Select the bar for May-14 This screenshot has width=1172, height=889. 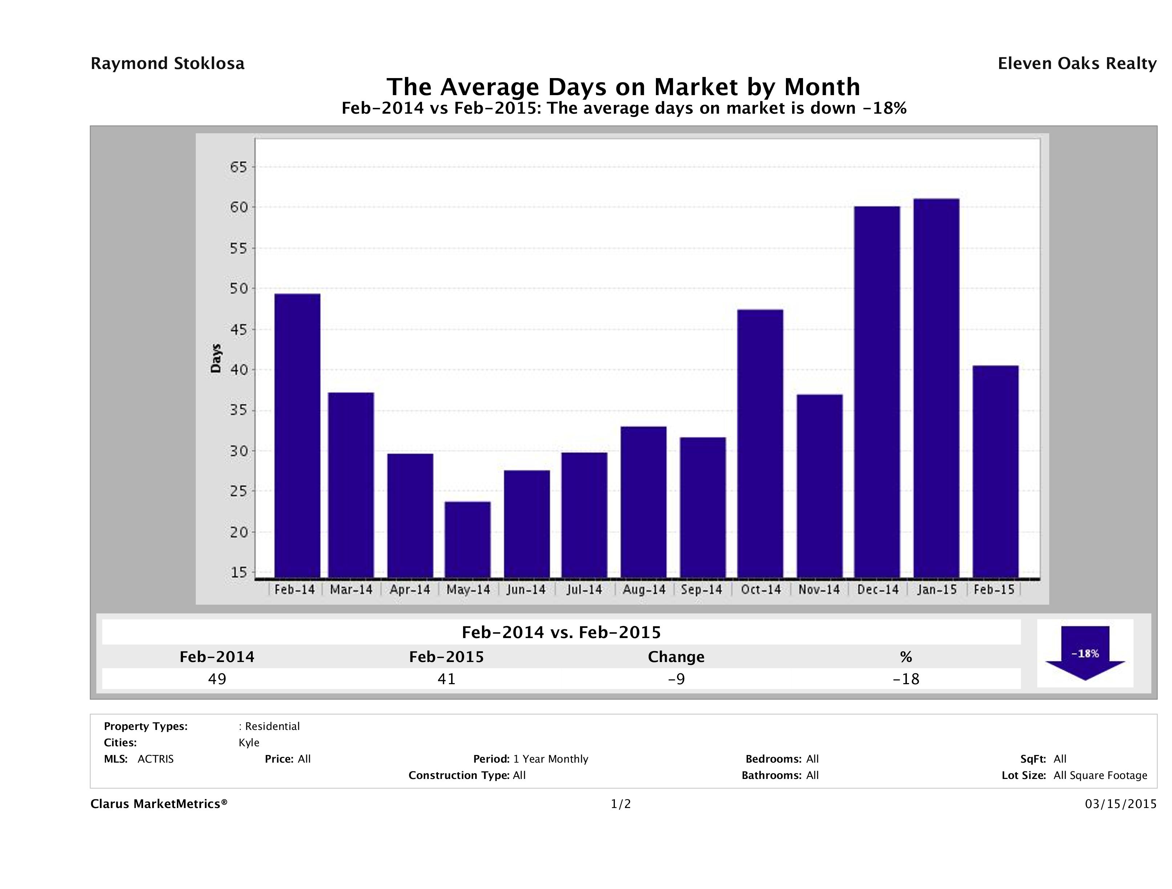(x=468, y=539)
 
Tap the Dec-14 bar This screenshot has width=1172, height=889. (x=877, y=392)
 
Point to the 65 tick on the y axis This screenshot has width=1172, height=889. (x=238, y=167)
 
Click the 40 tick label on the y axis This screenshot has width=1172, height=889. (x=238, y=370)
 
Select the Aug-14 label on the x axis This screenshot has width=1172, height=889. (x=644, y=590)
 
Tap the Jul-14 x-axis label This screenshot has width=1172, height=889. (x=584, y=590)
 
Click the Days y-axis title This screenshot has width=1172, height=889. (x=216, y=358)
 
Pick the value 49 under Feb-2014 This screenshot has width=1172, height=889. (x=217, y=679)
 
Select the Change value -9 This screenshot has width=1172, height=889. (x=676, y=679)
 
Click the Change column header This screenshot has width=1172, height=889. (x=676, y=657)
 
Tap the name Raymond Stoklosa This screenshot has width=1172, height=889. (x=167, y=64)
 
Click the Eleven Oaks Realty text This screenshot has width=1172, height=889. (x=1076, y=64)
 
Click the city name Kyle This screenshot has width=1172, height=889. (x=249, y=743)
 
